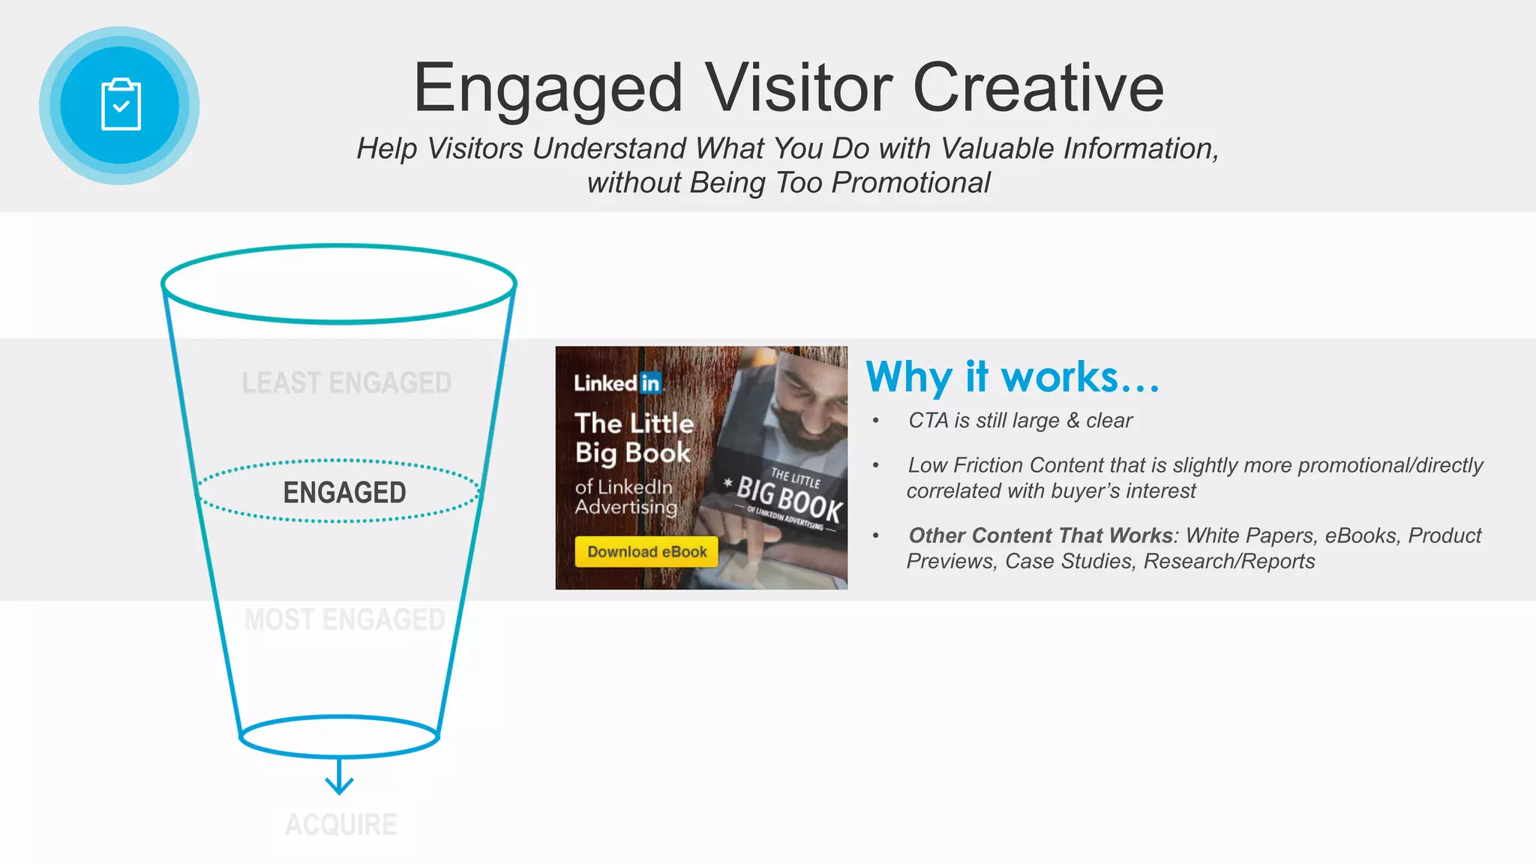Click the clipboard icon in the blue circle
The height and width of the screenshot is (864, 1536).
(120, 105)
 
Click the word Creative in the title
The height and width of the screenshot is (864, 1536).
(1038, 88)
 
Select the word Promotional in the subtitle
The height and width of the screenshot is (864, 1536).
(910, 183)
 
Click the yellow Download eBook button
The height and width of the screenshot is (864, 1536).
(646, 552)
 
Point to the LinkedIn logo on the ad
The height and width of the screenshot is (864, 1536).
(618, 383)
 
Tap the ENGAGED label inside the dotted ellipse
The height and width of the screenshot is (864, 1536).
(344, 493)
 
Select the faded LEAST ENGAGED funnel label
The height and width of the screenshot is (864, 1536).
(346, 383)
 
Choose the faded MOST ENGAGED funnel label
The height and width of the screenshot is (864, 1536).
(345, 620)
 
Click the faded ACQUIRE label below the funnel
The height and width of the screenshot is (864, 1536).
(341, 825)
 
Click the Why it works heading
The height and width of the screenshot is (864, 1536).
(1012, 376)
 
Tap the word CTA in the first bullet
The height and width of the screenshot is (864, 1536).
(928, 421)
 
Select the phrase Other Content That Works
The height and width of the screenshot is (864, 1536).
(1040, 535)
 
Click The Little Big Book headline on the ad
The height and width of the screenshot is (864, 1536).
(634, 438)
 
